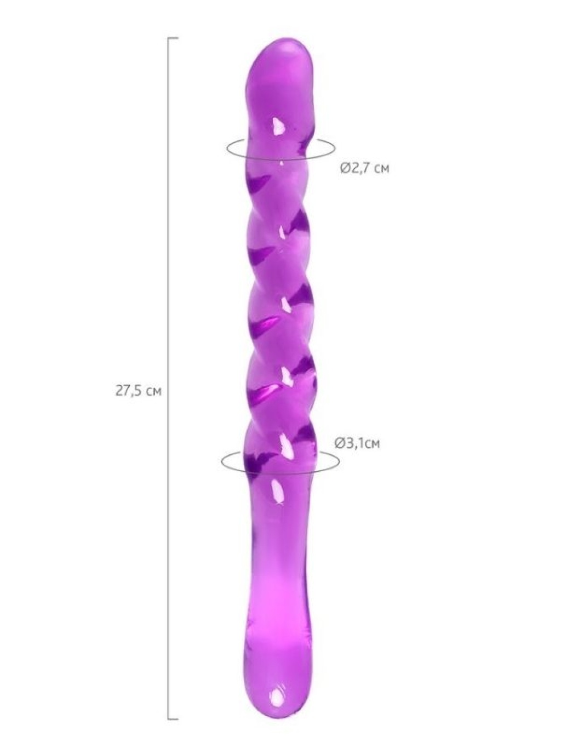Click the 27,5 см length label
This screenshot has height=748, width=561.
click(x=138, y=391)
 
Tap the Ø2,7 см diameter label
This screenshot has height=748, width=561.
click(x=365, y=168)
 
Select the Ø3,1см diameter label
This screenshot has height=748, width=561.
click(x=357, y=443)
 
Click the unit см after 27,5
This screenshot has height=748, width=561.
click(x=153, y=392)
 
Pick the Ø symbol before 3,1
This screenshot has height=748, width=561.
click(x=339, y=443)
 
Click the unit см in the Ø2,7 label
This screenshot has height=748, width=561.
click(x=381, y=169)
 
